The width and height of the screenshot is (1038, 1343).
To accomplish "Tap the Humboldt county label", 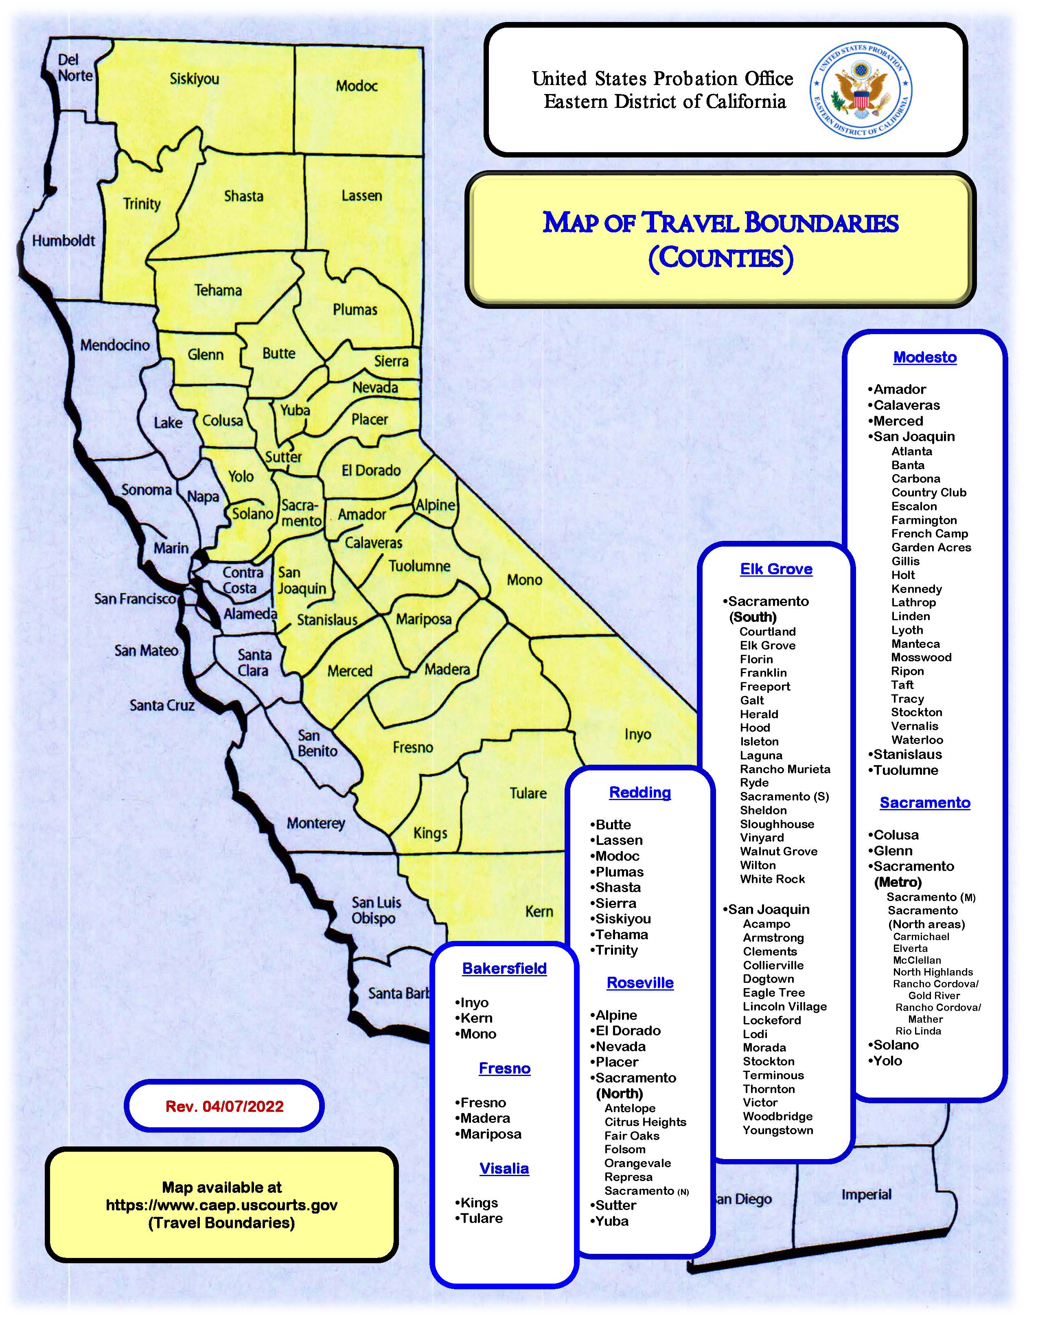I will pos(64,241).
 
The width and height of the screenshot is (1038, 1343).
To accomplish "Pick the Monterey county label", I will pos(315,823).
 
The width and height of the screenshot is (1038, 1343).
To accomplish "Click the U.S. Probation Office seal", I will pos(861,91).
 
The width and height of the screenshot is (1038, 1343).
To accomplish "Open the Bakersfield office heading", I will pos(504,969).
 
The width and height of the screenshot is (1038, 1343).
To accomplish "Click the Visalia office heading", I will pos(504,1168).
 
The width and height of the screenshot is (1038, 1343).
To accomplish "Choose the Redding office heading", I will pos(639,793).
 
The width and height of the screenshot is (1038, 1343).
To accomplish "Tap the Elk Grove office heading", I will pos(776,569).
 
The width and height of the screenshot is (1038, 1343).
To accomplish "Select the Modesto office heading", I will pos(925,357).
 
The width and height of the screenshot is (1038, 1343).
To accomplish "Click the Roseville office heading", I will pos(639,983).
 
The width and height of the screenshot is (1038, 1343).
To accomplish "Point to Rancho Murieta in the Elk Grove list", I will pos(785,769).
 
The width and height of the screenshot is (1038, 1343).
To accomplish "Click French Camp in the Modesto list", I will pos(930,534).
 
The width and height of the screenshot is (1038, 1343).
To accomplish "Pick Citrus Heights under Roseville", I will pos(645,1122).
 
